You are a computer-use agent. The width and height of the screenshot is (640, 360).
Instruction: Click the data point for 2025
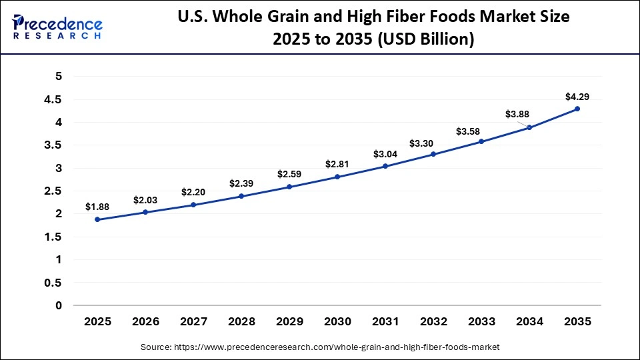(97, 219)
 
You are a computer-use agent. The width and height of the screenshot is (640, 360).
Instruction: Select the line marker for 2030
(337, 177)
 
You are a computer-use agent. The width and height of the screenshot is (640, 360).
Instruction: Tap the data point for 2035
(577, 109)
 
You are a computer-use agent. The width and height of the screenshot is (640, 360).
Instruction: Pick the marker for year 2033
(481, 141)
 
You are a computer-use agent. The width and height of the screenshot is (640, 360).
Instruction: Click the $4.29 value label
(577, 97)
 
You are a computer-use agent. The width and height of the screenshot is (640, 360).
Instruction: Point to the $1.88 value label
(97, 207)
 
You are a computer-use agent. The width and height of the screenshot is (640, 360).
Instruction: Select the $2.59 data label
(289, 174)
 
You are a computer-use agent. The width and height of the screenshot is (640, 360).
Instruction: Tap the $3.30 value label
(433, 143)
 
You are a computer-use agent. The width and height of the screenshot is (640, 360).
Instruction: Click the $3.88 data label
(517, 114)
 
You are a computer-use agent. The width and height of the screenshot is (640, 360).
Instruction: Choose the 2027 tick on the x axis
(193, 321)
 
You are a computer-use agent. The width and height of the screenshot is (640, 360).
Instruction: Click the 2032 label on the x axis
(433, 321)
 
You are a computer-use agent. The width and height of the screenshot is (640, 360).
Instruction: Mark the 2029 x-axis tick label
(289, 321)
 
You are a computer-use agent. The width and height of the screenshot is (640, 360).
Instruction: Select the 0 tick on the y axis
(59, 305)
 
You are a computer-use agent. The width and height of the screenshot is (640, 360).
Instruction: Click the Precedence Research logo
(57, 26)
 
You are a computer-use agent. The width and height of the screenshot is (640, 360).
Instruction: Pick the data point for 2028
(241, 196)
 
